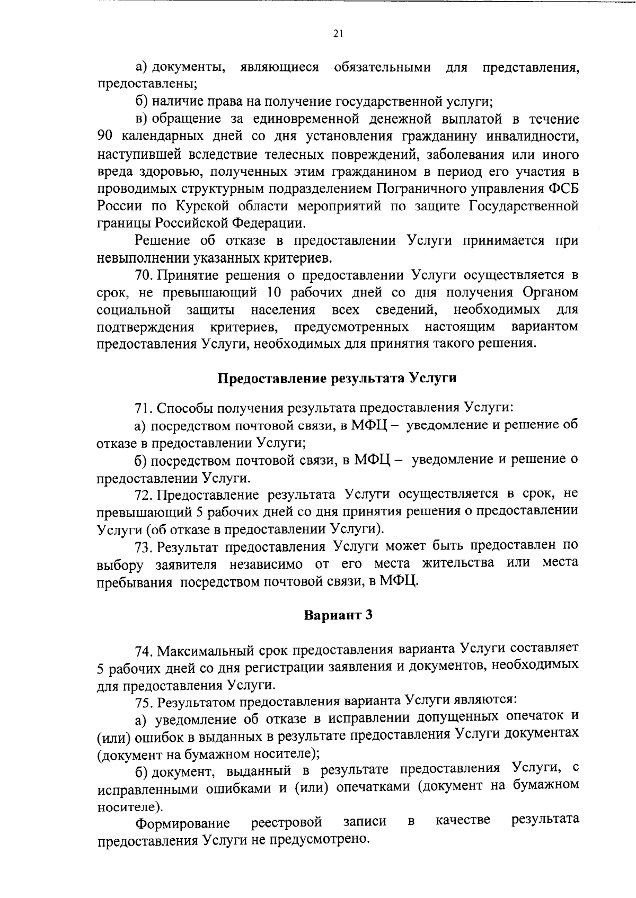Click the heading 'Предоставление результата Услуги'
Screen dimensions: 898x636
[338, 379]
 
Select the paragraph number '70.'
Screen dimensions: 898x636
[145, 275]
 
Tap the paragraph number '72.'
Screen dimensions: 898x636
[145, 495]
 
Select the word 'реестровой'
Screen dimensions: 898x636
[286, 822]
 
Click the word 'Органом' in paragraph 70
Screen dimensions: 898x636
[550, 292]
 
